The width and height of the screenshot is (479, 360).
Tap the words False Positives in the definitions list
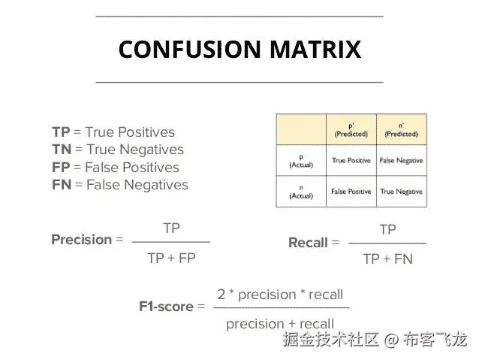pyautogui.click(x=131, y=167)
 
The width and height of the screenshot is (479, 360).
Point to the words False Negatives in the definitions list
pyautogui.click(x=137, y=184)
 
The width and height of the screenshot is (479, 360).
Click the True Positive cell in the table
pyautogui.click(x=351, y=160)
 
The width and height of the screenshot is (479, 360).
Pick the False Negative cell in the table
pyautogui.click(x=401, y=160)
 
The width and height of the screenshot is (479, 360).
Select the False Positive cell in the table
pyautogui.click(x=351, y=192)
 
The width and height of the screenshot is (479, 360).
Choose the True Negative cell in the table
pyautogui.click(x=401, y=192)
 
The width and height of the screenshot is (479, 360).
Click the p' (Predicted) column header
pyautogui.click(x=351, y=130)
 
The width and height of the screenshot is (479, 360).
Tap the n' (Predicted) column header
pyautogui.click(x=401, y=130)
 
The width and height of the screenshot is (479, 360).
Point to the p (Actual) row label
pyautogui.click(x=301, y=160)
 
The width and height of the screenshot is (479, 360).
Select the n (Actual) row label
pyautogui.click(x=301, y=192)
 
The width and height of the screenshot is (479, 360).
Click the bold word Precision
pyautogui.click(x=81, y=240)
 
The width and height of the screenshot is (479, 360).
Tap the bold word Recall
pyautogui.click(x=308, y=243)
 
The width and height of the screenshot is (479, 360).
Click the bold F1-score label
pyautogui.click(x=166, y=307)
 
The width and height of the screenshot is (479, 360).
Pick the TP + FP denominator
pyautogui.click(x=171, y=258)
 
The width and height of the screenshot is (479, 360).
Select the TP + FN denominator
pyautogui.click(x=387, y=259)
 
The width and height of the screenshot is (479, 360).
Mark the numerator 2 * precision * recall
pyautogui.click(x=280, y=295)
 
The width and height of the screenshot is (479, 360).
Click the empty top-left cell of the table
pyautogui.click(x=301, y=130)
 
